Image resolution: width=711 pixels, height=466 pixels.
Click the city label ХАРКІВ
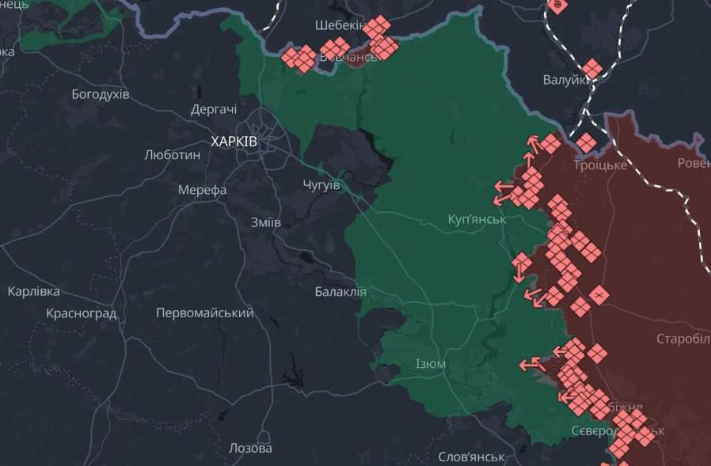coord(234,141)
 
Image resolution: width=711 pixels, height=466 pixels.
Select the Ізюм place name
coord(431,364)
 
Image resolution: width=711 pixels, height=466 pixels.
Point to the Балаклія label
coord(340,291)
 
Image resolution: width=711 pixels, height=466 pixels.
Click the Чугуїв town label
coord(321,184)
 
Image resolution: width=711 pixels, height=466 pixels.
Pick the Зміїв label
coord(265,222)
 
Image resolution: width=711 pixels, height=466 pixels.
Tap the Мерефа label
coord(203,190)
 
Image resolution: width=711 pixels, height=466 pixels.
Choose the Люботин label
coord(173,155)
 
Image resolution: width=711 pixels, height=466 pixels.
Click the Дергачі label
coord(214,110)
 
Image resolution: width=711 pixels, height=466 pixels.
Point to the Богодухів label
coord(101,94)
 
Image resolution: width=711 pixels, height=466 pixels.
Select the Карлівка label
coord(34,291)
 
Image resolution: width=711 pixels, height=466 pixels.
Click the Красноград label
coord(82,313)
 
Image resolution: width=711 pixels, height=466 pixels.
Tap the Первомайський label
coord(205,313)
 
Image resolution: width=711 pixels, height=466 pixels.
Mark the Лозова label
coord(250,448)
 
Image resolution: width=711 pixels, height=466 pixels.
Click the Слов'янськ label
coord(472,457)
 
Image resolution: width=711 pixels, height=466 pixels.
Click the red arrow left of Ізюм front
coord(530,365)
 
